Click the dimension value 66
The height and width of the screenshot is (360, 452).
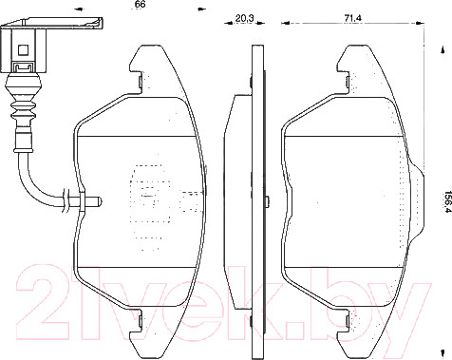coord(140,5)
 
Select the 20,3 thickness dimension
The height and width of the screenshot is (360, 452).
coord(245,18)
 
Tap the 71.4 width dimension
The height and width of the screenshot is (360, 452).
coord(353,18)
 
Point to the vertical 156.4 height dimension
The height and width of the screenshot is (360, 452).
coord(447,201)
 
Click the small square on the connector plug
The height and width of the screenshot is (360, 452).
coord(24,49)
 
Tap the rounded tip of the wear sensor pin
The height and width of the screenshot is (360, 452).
coord(98,200)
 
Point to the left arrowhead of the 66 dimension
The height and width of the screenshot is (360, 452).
coord(78,9)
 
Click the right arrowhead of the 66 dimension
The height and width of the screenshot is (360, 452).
coord(201,9)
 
